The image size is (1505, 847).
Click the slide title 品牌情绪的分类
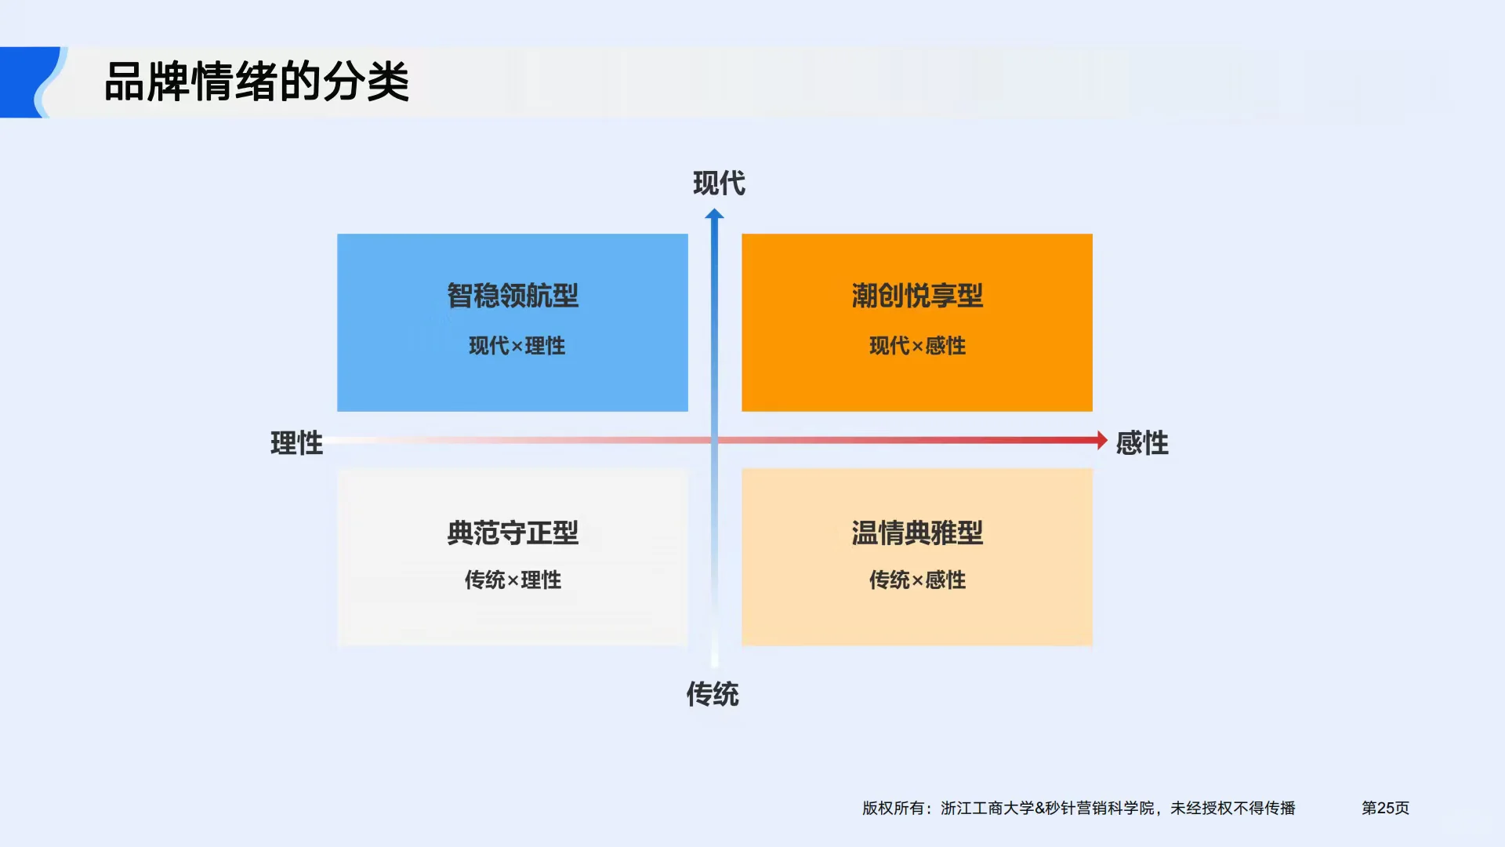pyautogui.click(x=256, y=82)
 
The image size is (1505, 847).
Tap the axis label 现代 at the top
pyautogui.click(x=719, y=184)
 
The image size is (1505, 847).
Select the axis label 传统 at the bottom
pyautogui.click(x=713, y=694)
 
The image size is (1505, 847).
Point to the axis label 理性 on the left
pyautogui.click(x=296, y=443)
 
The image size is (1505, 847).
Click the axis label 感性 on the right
pyautogui.click(x=1142, y=443)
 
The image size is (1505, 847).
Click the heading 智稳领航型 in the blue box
pyautogui.click(x=513, y=296)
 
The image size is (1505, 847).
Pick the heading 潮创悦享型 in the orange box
pyautogui.click(x=917, y=296)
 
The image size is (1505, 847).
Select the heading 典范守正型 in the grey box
pyautogui.click(x=513, y=533)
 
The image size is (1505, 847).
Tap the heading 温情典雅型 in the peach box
pyautogui.click(x=917, y=533)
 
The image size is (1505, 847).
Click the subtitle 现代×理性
pyautogui.click(x=517, y=346)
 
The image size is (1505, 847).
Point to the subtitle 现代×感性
pyautogui.click(x=917, y=346)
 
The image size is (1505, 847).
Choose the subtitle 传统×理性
pyautogui.click(x=513, y=580)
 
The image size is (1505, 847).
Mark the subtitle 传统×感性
pyautogui.click(x=917, y=580)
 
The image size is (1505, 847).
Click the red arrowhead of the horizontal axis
pyautogui.click(x=1101, y=440)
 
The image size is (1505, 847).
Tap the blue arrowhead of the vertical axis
pyautogui.click(x=714, y=214)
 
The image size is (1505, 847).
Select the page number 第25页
pyautogui.click(x=1385, y=808)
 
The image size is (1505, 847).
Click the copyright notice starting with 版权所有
pyautogui.click(x=1079, y=808)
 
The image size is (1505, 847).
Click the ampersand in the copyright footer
pyautogui.click(x=1039, y=808)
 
